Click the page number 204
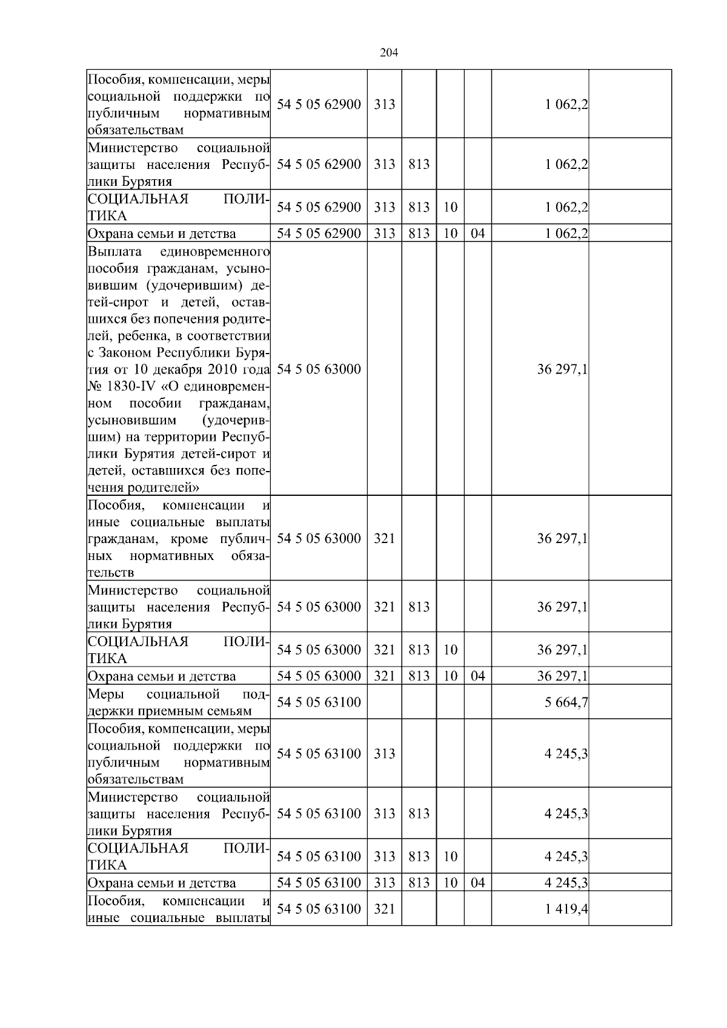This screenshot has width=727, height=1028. coord(388,53)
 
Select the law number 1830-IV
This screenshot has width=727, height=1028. coord(124,386)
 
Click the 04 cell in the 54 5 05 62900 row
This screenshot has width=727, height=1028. coord(477,233)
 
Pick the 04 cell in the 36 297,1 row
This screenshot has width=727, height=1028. coord(477,676)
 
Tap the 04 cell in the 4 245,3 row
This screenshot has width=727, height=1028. coord(477,883)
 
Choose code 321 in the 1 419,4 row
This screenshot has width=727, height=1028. coord(384,909)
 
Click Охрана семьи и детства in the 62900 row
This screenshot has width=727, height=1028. coord(162,234)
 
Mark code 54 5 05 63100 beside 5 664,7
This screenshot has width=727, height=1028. coord(319,702)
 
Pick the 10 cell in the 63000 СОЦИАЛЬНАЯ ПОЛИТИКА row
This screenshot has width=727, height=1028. coord(450,650)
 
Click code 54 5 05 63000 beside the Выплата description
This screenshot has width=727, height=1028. coord(319,369)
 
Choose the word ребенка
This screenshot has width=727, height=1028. coord(148,335)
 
